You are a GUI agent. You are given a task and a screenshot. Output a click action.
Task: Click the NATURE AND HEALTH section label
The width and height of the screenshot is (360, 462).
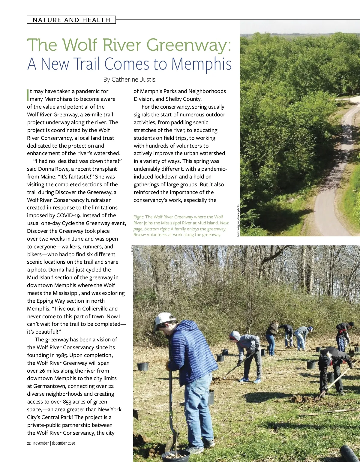(x=71, y=20)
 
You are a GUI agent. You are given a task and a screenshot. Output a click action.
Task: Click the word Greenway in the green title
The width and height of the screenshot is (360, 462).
(x=188, y=45)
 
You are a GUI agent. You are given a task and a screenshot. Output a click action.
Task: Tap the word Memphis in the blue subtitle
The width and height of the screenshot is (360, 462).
(x=201, y=64)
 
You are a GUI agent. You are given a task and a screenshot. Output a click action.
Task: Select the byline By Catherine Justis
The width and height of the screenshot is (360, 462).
(x=129, y=79)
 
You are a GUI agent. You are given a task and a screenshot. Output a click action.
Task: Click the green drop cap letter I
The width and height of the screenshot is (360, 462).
(x=28, y=95)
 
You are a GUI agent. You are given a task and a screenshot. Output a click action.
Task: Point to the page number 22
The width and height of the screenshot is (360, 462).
(x=29, y=443)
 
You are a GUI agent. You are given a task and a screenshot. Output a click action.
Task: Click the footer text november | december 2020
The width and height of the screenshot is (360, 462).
(x=54, y=443)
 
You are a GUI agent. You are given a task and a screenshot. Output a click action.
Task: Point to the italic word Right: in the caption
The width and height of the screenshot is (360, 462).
(x=139, y=217)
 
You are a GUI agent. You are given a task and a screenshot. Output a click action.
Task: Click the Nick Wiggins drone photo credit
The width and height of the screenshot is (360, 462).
(x=238, y=220)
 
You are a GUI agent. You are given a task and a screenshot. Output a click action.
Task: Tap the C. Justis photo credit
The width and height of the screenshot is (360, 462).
(x=132, y=250)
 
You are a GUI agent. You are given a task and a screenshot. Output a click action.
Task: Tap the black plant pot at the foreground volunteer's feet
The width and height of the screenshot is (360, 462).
(x=175, y=456)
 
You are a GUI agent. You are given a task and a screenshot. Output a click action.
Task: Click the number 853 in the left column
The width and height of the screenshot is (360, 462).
(x=67, y=402)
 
